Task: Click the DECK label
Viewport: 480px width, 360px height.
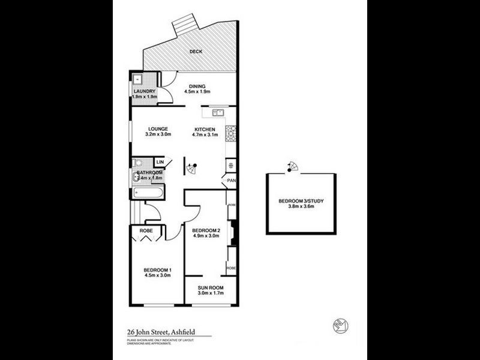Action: point(196,52)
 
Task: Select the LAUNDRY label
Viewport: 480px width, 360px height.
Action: point(144,91)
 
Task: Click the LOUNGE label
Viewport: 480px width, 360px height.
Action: point(158,128)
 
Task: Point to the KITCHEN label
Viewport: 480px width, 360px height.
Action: point(205,128)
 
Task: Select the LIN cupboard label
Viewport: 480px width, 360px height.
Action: point(160,163)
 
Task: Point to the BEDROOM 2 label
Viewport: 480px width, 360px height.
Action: point(206,230)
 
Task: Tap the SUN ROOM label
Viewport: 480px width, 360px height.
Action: point(210,288)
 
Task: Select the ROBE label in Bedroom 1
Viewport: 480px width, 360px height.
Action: point(145,230)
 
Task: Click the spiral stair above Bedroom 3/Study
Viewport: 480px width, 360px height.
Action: point(292,166)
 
